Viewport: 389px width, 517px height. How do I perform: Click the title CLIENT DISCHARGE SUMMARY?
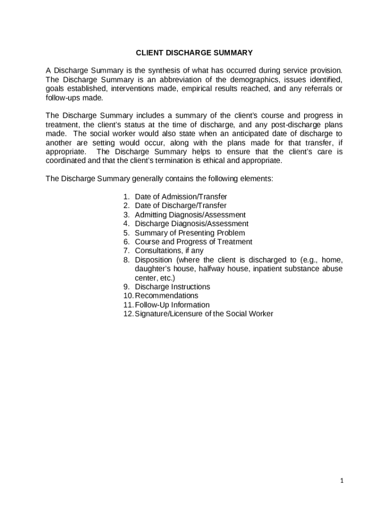[194, 53]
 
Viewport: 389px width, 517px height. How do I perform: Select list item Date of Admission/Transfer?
[181, 196]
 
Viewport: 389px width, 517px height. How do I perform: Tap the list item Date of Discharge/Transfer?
[180, 205]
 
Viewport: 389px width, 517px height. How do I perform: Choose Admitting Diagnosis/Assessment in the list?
[190, 215]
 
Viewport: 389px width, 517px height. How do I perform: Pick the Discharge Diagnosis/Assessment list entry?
[191, 224]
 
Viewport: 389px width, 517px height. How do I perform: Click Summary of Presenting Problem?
[189, 233]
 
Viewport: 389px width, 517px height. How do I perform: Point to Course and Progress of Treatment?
[193, 242]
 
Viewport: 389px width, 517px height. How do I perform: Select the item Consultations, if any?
[169, 250]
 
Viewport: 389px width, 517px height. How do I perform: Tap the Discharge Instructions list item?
[172, 287]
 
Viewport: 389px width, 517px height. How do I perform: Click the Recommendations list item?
[166, 295]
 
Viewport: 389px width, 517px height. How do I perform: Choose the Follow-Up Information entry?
[172, 305]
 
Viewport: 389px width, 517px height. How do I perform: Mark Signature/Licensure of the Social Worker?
[204, 314]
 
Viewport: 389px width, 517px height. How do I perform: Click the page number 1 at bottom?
[342, 481]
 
